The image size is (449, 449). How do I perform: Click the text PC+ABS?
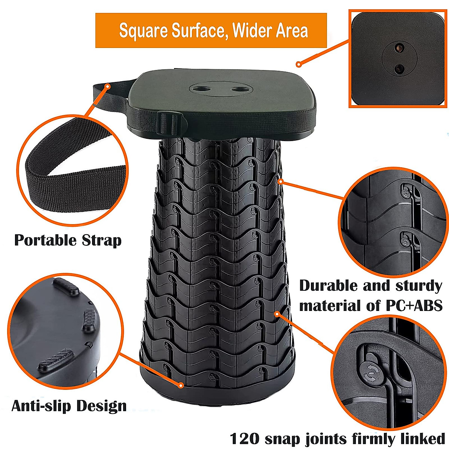point(414,306)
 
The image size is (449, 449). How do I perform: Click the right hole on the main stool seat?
point(237,89)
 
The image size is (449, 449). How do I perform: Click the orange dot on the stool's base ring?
point(181,385)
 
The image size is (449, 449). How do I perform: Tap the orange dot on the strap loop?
point(108,86)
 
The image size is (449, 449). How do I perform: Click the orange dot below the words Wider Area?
point(299,64)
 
